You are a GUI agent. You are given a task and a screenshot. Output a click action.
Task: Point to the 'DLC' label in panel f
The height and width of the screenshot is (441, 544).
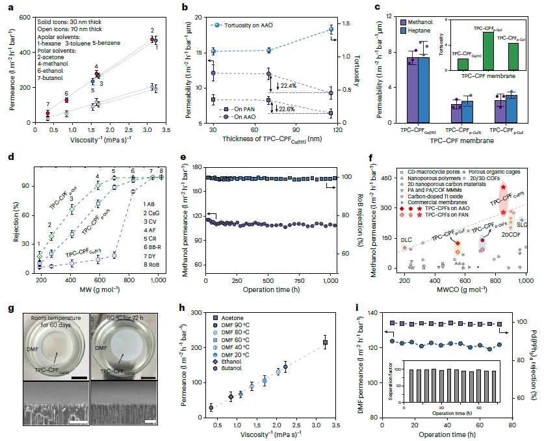tap(406, 240)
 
